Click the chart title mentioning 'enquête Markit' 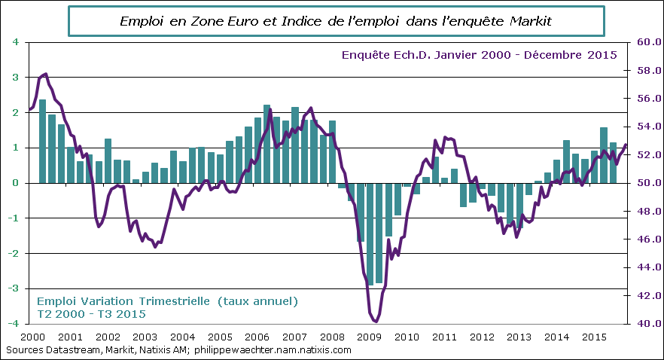(337, 22)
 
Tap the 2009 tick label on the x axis (369, 337)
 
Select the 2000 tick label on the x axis (32, 337)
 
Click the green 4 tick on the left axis (16, 42)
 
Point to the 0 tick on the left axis (16, 183)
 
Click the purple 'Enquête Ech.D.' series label (479, 55)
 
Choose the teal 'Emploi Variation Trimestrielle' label (167, 301)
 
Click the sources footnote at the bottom (178, 350)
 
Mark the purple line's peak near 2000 (46, 74)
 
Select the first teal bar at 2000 (42, 141)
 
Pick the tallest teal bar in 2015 (604, 154)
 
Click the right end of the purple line (626, 145)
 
